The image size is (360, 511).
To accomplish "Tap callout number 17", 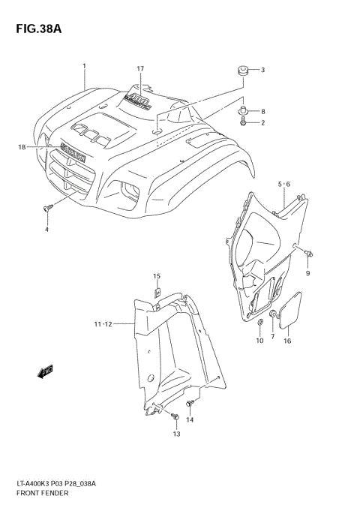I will point(140,69).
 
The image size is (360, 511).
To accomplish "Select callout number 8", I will point(262,111).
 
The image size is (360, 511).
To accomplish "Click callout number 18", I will point(22,147).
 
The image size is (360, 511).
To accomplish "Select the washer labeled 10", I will point(259,323).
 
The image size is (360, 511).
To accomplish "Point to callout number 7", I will point(273,339).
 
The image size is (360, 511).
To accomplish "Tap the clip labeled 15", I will point(158,293).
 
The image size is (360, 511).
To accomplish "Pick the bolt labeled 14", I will point(189,406).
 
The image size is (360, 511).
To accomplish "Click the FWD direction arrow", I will point(42,371).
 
